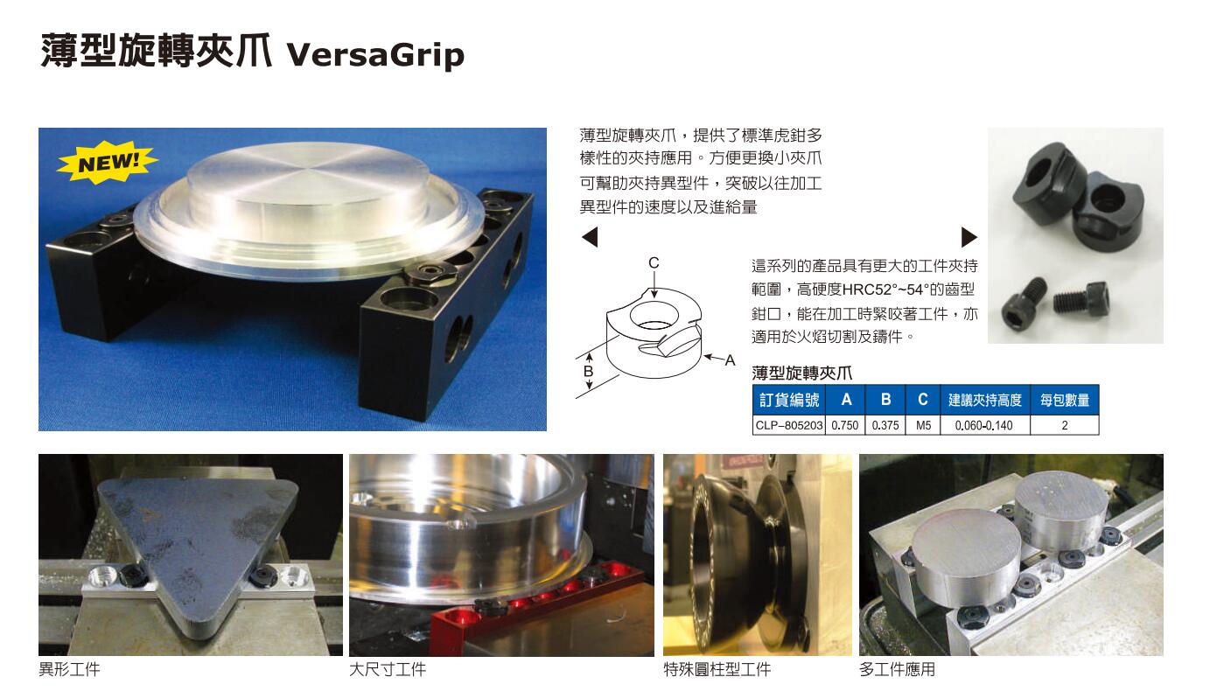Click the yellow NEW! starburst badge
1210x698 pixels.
108,163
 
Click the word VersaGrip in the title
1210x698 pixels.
376,54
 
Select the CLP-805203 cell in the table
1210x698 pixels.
787,425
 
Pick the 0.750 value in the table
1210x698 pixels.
844,425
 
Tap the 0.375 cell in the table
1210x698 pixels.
885,425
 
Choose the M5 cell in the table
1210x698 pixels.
923,425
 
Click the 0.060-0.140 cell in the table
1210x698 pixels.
984,425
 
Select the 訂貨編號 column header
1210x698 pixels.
787,401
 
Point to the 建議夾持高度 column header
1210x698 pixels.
984,401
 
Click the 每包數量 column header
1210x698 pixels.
1064,401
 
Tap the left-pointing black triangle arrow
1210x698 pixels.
590,237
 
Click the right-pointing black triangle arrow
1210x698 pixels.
969,237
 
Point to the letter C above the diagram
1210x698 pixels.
654,262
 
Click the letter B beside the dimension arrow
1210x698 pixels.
589,371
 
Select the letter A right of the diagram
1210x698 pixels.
731,360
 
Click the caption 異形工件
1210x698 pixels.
70,670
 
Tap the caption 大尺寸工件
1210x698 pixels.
388,670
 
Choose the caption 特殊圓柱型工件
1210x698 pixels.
717,670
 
